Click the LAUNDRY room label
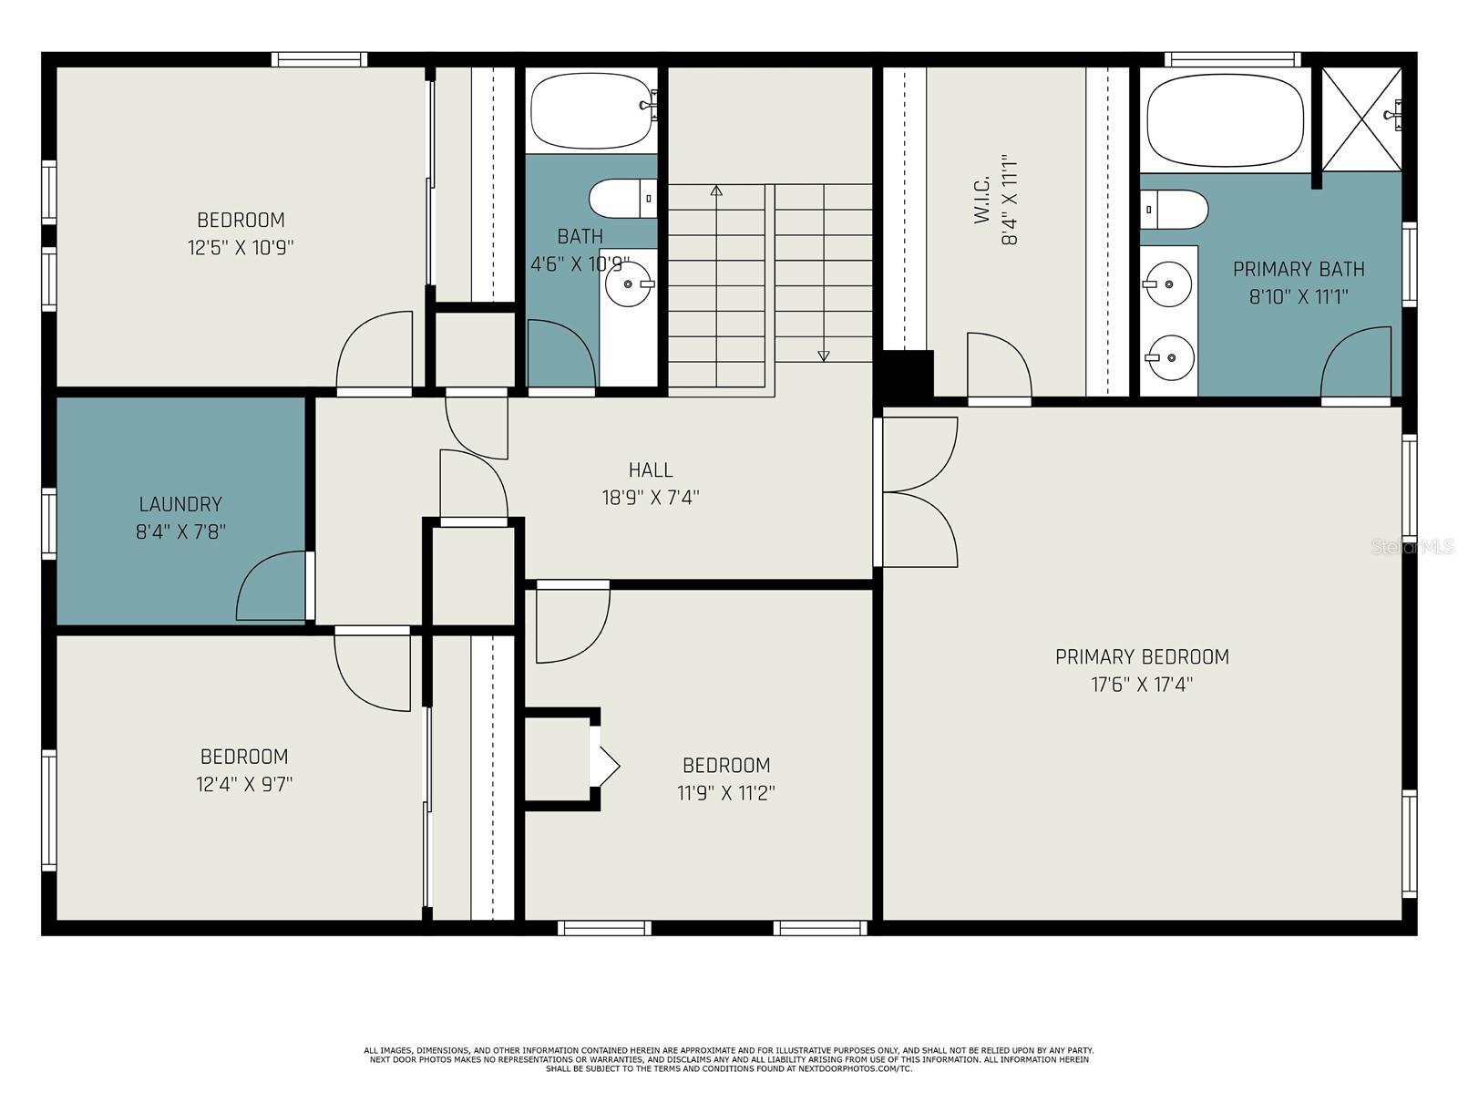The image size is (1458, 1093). pos(180,504)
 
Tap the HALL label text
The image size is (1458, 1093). pos(651,470)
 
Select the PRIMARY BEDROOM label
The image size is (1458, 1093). pos(1142,657)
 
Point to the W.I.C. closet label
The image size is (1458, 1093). pos(981,200)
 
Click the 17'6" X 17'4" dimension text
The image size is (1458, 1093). pos(1142,685)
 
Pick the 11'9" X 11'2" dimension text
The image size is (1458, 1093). pos(726,793)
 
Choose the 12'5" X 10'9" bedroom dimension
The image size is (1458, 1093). pos(241,248)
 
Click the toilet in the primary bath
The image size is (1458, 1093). pos(1175,210)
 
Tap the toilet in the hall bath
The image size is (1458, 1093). pos(623,198)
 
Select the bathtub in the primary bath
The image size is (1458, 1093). pos(1226,120)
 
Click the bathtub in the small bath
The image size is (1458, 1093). pos(591,111)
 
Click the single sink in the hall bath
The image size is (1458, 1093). pos(629,284)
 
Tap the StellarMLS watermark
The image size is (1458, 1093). pos(1412,547)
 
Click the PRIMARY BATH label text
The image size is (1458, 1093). pos(1299,269)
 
